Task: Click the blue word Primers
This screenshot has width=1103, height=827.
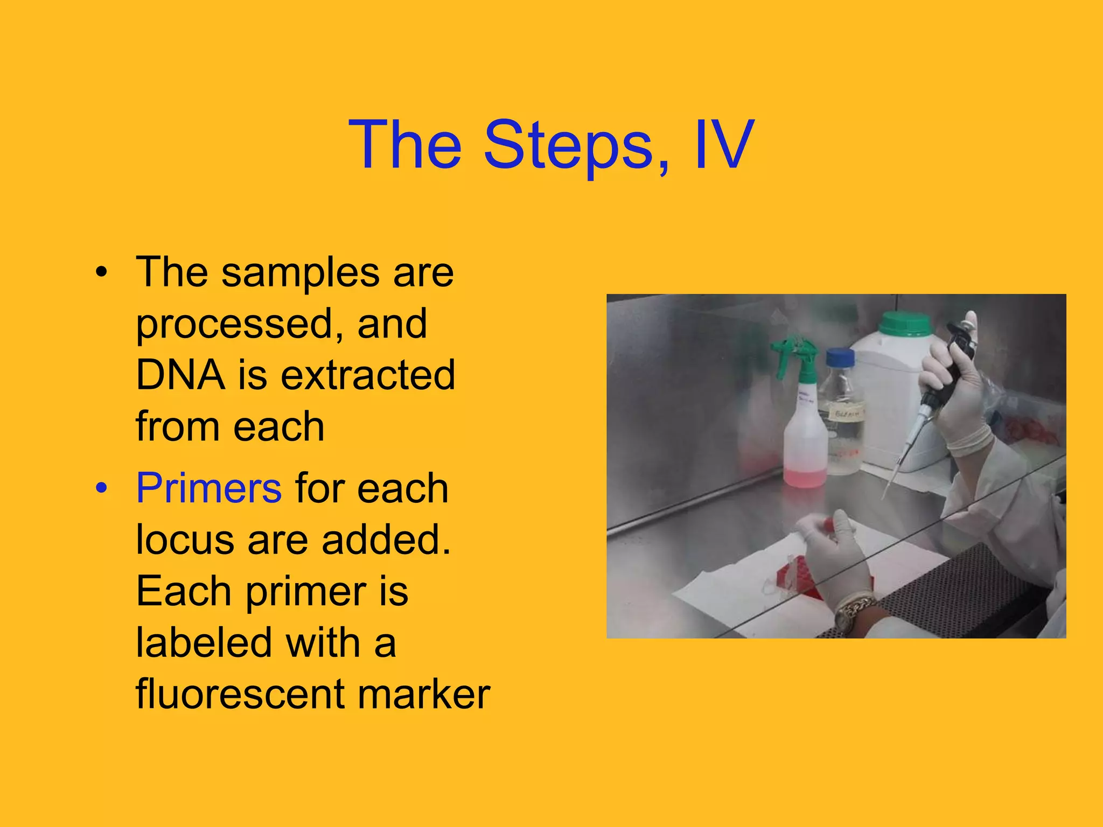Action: tap(208, 488)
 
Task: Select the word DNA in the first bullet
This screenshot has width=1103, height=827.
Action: tap(180, 375)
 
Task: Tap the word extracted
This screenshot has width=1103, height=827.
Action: tap(368, 375)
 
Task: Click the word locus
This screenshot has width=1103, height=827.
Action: tap(185, 539)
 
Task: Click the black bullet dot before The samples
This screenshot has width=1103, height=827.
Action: tap(101, 272)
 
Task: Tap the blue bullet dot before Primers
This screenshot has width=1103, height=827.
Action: tap(101, 488)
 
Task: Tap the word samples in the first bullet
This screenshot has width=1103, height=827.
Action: tap(299, 272)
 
